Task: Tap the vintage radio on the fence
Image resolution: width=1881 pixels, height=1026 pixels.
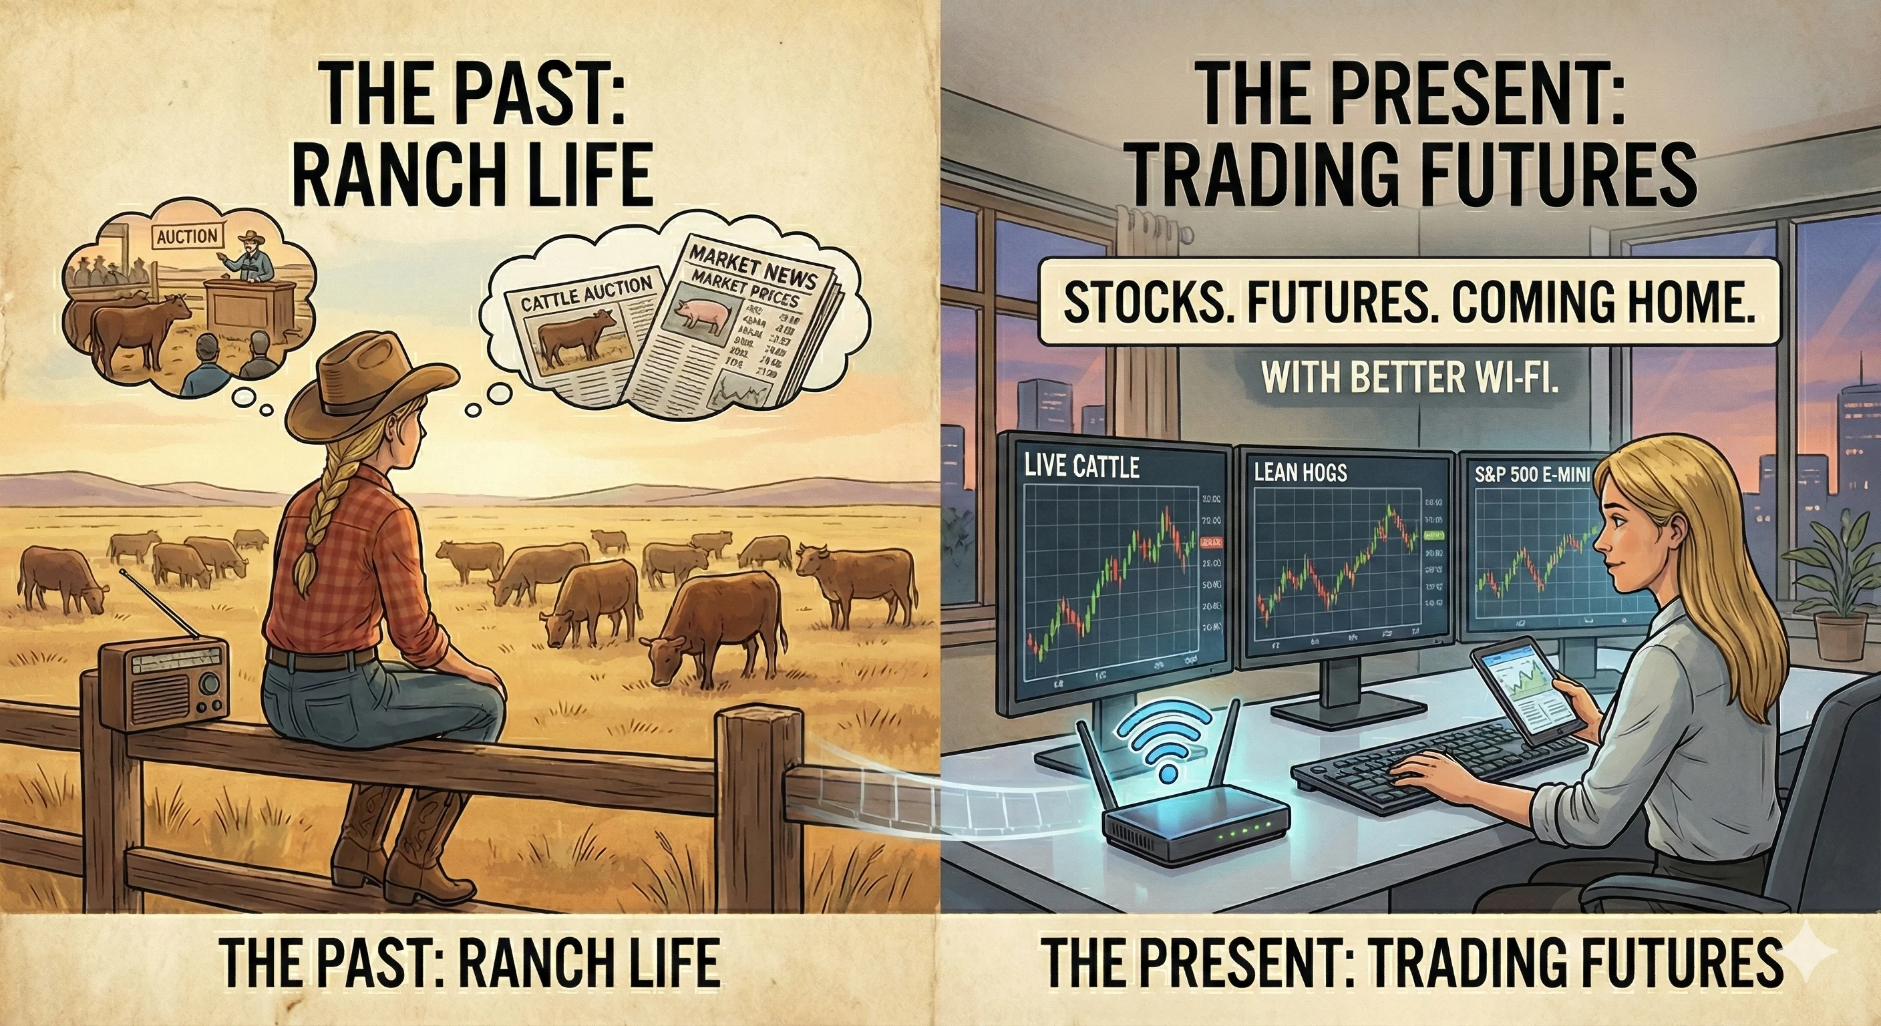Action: coord(164,683)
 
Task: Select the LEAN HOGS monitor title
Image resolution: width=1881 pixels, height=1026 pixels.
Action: coord(1300,472)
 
